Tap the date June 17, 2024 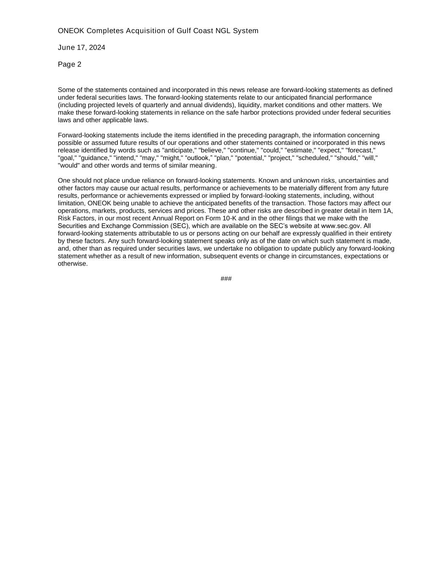point(81,47)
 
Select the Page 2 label point(69,64)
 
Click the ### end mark point(226,279)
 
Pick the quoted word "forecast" point(361,150)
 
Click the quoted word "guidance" point(95,158)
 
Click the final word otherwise point(72,264)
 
